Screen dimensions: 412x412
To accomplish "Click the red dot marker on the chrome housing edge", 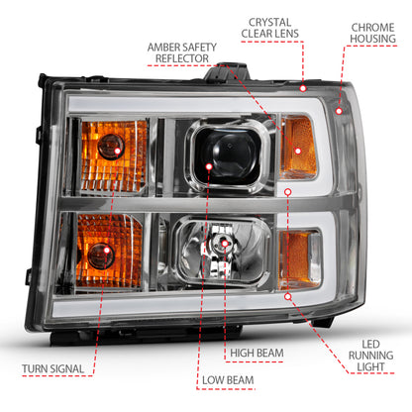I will tap(340, 111).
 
